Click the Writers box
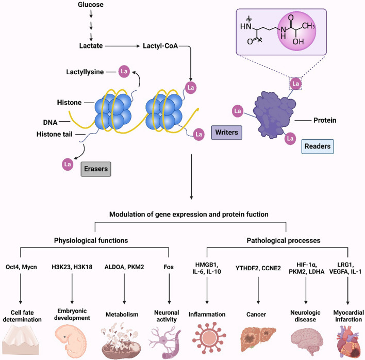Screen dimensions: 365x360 (226, 133)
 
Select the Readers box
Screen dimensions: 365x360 (318, 146)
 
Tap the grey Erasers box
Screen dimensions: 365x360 (96, 169)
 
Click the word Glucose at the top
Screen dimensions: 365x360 (91, 5)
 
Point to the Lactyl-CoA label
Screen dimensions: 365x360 (160, 46)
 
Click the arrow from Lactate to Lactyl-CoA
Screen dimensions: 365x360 (122, 46)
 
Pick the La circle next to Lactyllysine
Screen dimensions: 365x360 (124, 72)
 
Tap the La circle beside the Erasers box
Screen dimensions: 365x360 (68, 165)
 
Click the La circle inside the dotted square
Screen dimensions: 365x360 (295, 84)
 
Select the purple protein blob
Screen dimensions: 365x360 (274, 114)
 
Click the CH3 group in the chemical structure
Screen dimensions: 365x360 (308, 26)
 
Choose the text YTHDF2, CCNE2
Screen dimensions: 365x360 (258, 268)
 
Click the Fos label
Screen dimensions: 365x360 (169, 267)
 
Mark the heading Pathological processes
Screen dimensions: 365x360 (284, 240)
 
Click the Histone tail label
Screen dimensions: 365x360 (55, 134)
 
